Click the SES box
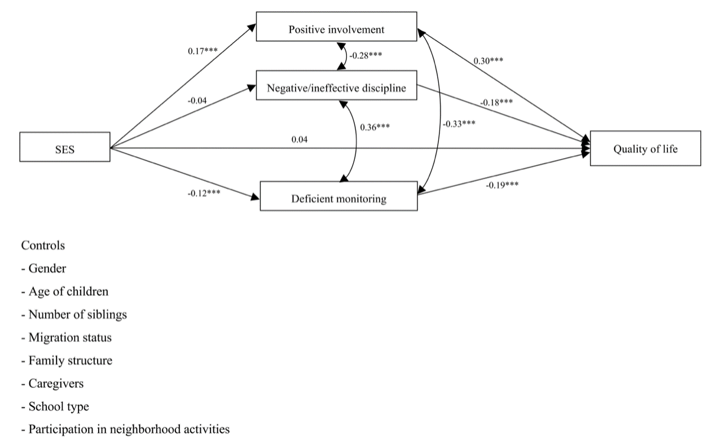65,147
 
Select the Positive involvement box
336,27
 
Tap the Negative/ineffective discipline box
336,86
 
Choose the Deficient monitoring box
338,196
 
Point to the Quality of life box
645,148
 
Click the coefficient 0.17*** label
203,51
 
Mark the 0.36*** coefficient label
375,126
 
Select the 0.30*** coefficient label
489,60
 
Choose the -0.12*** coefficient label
203,193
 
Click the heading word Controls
43,245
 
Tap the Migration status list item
66,337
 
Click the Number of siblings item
73,314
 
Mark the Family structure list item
67,361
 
